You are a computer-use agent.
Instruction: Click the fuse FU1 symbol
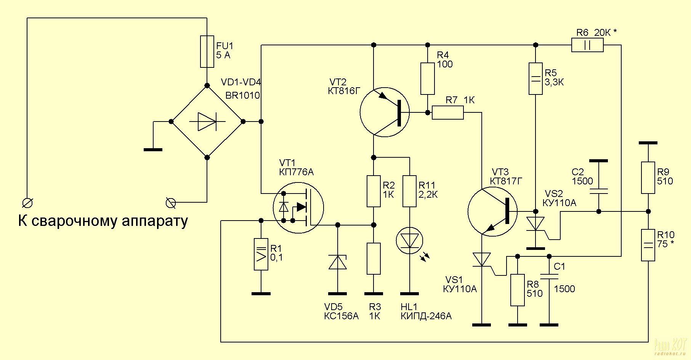tap(207, 52)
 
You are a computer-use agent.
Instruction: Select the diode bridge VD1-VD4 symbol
tap(207, 122)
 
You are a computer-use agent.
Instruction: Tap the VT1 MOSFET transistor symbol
tap(298, 208)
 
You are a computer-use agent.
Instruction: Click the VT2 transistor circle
tap(385, 112)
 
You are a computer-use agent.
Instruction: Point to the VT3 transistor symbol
tap(492, 211)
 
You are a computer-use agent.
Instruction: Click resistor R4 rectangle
tap(428, 78)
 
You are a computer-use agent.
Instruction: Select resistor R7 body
tap(448, 113)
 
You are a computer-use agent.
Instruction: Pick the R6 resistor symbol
tap(587, 45)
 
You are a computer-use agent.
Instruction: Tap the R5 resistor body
tap(535, 78)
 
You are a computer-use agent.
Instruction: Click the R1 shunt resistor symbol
tap(261, 254)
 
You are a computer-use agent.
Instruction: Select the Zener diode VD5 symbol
tap(338, 262)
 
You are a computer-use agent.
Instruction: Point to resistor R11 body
tap(410, 191)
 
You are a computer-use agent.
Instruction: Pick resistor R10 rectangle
tap(648, 245)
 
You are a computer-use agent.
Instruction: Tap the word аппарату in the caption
tap(155, 221)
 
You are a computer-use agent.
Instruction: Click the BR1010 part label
tap(242, 95)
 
